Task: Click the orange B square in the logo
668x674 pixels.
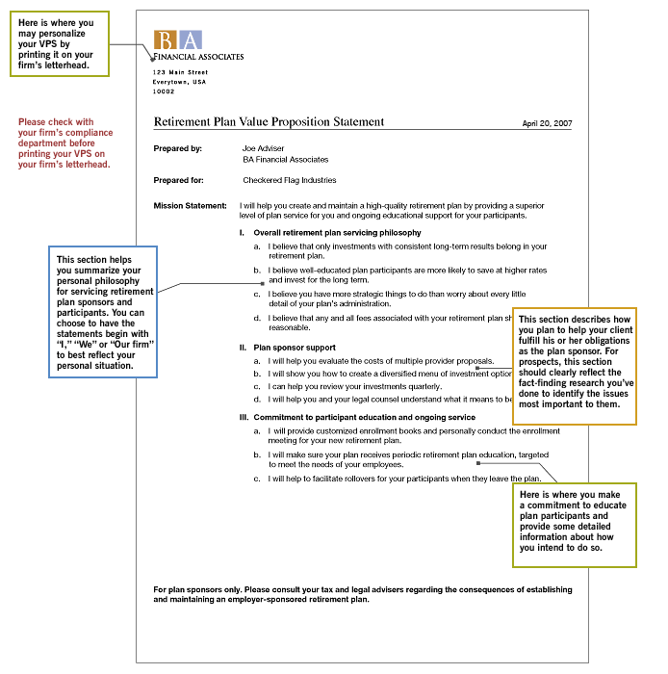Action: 166,39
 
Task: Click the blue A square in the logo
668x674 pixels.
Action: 191,39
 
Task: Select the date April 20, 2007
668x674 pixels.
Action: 547,124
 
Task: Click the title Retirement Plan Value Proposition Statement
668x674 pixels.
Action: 269,122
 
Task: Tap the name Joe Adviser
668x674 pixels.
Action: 264,148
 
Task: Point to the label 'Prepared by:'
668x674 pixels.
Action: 177,148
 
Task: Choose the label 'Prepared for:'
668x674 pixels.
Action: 178,180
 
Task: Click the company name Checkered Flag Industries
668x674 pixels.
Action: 289,180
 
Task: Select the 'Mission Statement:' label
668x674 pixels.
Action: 190,206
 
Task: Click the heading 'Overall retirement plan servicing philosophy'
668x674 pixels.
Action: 337,233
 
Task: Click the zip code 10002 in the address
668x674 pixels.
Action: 164,91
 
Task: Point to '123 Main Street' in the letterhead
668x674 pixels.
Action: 180,72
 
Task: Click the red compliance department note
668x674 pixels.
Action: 65,143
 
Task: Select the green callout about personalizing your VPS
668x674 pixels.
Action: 60,43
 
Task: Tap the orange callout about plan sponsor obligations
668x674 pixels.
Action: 574,367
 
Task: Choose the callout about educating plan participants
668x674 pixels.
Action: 574,526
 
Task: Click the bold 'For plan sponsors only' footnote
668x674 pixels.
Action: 362,594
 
